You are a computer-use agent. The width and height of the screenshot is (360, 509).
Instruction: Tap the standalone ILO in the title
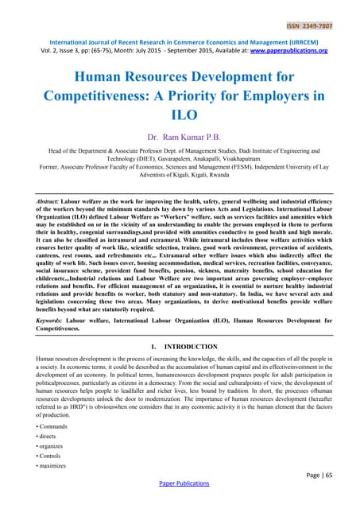tap(180, 119)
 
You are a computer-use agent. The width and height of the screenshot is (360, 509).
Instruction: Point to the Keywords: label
tap(56, 319)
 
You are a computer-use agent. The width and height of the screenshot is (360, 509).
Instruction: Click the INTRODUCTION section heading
tap(189, 348)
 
